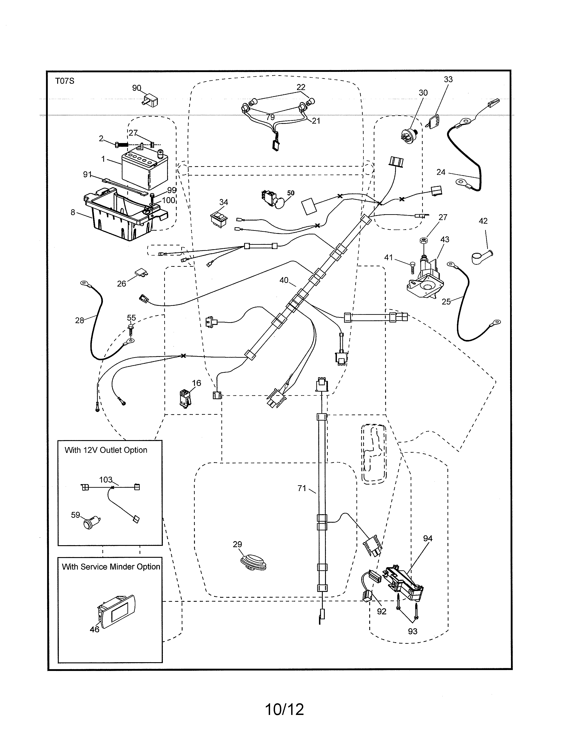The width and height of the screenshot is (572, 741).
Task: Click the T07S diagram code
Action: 65,81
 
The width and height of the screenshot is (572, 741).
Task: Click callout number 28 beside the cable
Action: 79,320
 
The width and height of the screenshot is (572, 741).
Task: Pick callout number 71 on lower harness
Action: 301,488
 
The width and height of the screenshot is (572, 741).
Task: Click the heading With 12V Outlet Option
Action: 106,450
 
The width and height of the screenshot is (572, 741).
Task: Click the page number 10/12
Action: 284,709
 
